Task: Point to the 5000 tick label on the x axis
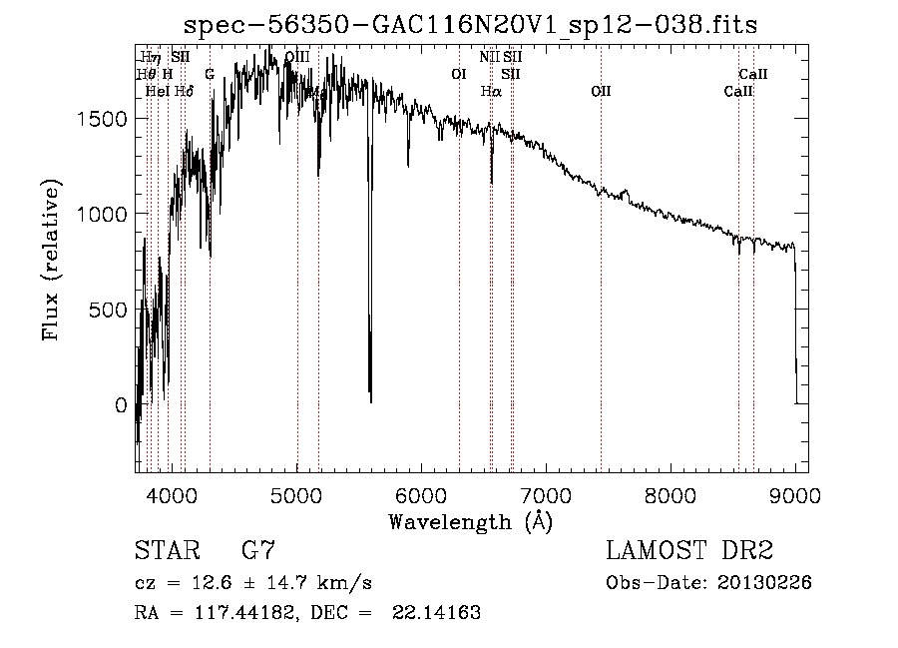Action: [296, 494]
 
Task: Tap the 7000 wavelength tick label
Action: [546, 494]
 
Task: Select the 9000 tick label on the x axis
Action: [794, 494]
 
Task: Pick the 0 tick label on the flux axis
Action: [121, 405]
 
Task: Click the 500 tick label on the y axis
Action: [110, 310]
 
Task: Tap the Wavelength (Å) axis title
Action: [470, 521]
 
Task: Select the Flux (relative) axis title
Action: [51, 262]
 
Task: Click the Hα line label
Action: [490, 91]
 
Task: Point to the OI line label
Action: [458, 74]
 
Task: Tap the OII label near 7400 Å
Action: [601, 91]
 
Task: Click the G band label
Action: [210, 74]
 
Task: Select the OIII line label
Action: [296, 57]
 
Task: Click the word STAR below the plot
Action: [162, 551]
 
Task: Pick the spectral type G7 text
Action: [258, 551]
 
